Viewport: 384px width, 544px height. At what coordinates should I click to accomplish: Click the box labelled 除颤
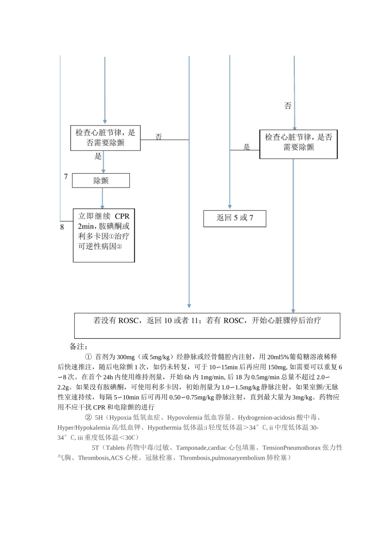coord(101,181)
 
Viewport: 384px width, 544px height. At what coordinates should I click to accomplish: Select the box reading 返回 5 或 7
coord(234,218)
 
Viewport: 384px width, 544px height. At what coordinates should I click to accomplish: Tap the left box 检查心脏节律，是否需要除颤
coord(105,138)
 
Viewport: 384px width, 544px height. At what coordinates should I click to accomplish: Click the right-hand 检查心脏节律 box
coord(298,144)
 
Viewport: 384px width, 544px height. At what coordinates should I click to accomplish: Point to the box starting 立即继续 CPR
coord(103,236)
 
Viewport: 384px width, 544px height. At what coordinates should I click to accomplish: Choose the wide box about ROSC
coord(207,325)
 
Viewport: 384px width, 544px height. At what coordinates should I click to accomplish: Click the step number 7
coord(66,177)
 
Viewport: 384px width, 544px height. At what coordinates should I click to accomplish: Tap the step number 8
coord(62,227)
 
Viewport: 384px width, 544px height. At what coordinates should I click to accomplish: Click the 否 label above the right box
coord(288,106)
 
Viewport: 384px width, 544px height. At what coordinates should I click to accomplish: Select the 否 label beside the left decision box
coord(159,137)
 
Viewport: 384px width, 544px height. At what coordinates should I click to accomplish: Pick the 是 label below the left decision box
coord(98,156)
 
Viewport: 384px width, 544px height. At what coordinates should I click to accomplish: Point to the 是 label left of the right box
coord(247,147)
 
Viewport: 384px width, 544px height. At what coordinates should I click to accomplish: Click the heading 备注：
coord(78,346)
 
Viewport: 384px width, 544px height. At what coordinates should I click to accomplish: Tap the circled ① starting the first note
coord(88,357)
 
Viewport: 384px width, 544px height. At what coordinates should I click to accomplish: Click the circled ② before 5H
coord(88,417)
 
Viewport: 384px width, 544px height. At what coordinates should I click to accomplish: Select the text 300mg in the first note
coord(126,357)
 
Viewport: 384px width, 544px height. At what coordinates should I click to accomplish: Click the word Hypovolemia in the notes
coord(185,417)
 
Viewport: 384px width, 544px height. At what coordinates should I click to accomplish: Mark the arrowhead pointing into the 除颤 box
coord(103,171)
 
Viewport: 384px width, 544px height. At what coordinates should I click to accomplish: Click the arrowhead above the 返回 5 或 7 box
coord(230,207)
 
